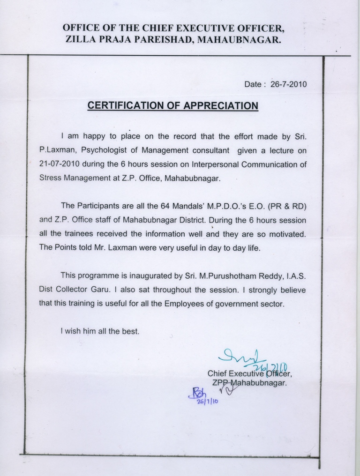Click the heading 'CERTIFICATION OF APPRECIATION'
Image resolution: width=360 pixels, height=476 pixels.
[173, 105]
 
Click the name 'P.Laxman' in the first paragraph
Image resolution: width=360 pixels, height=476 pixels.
[54, 150]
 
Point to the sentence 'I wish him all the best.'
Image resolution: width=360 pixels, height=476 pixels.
[100, 331]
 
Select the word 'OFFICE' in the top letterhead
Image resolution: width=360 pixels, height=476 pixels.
[81, 28]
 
